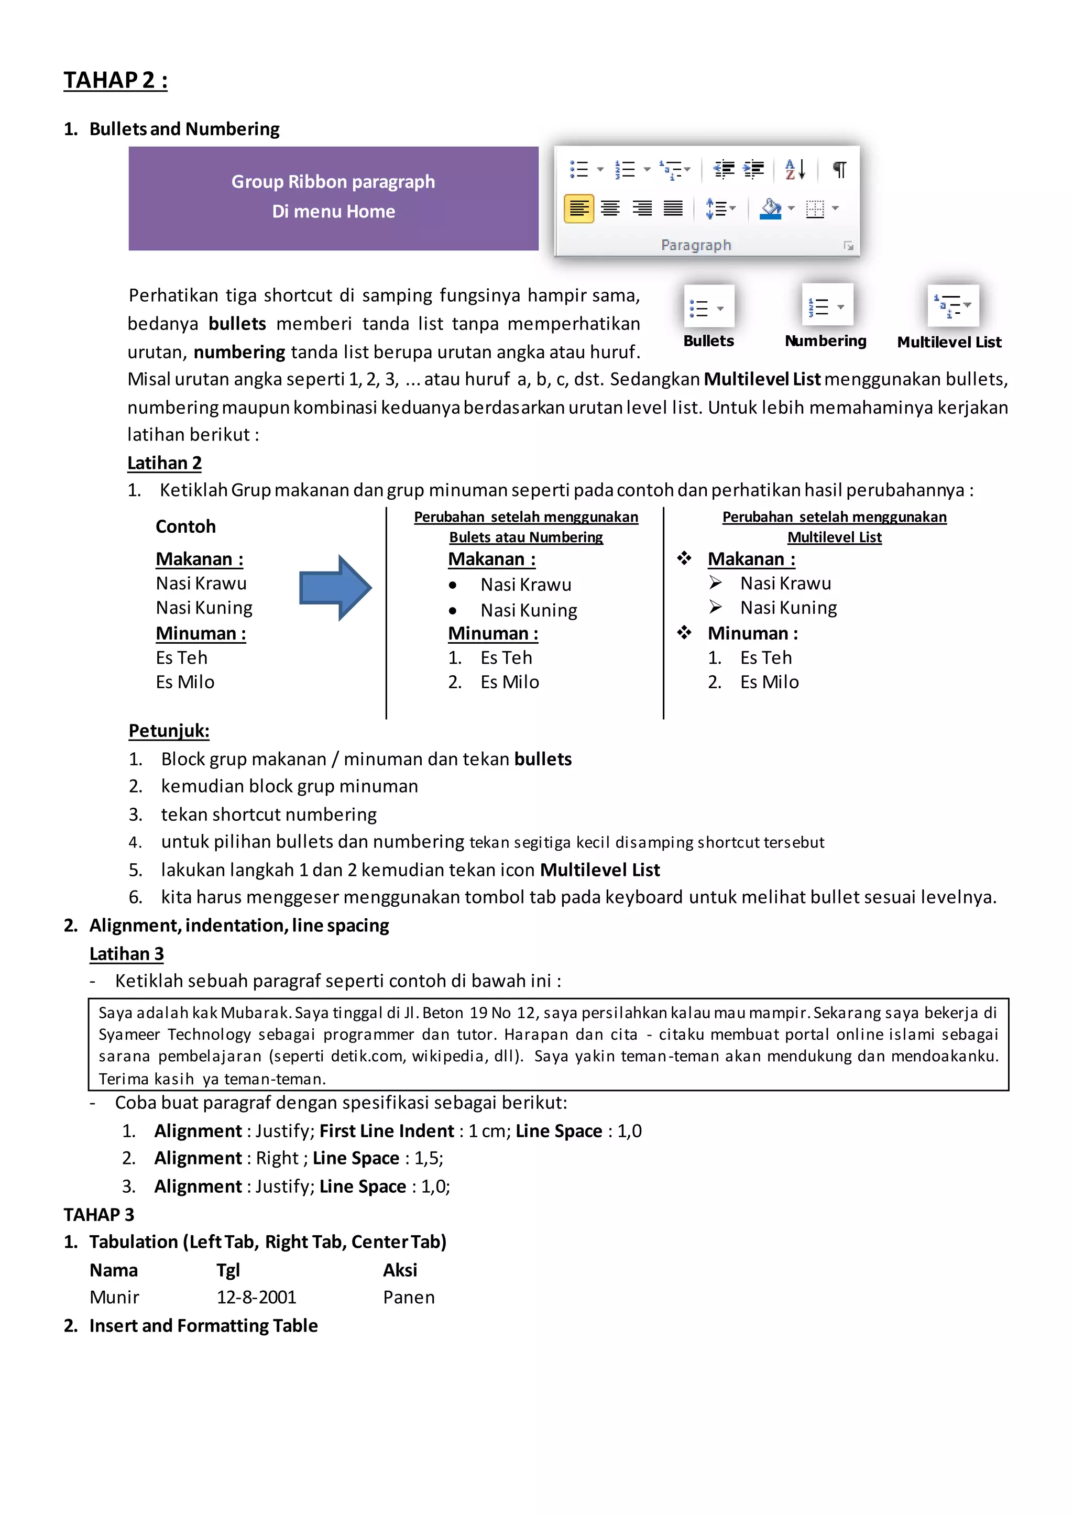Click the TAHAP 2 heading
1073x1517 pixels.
click(x=116, y=80)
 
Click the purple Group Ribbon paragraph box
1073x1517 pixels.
click(x=333, y=198)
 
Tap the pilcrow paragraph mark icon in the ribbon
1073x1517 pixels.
click(x=839, y=170)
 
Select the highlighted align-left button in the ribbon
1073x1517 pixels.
click(x=579, y=209)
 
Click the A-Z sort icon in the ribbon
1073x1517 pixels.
click(x=795, y=170)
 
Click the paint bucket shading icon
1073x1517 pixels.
click(x=770, y=209)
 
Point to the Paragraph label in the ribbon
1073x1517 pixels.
click(x=696, y=245)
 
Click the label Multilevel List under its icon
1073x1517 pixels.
click(x=949, y=342)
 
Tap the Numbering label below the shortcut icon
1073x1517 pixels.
click(x=825, y=341)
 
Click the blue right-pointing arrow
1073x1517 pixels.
click(x=335, y=587)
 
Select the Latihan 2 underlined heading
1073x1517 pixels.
click(x=165, y=463)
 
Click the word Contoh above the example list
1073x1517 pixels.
click(x=185, y=526)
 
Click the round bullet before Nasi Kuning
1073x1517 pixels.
click(x=453, y=610)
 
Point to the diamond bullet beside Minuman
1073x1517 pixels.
click(x=684, y=633)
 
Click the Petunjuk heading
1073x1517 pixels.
click(x=169, y=731)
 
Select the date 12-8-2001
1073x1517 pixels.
click(x=256, y=1297)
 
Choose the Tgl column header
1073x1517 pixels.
click(x=228, y=1270)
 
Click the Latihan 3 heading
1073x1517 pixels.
click(x=127, y=953)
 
